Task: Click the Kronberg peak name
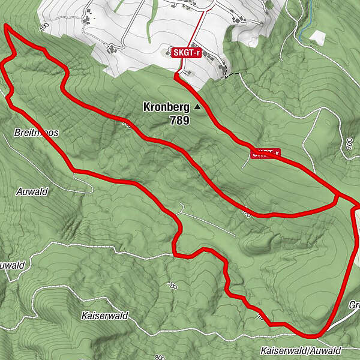tap(166, 107)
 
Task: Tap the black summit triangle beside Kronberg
tap(197, 107)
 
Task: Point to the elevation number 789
tap(179, 120)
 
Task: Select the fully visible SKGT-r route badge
tap(185, 53)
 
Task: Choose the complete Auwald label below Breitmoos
tap(32, 192)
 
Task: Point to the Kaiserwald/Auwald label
tap(301, 350)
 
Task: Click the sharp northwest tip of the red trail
tap(5, 26)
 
